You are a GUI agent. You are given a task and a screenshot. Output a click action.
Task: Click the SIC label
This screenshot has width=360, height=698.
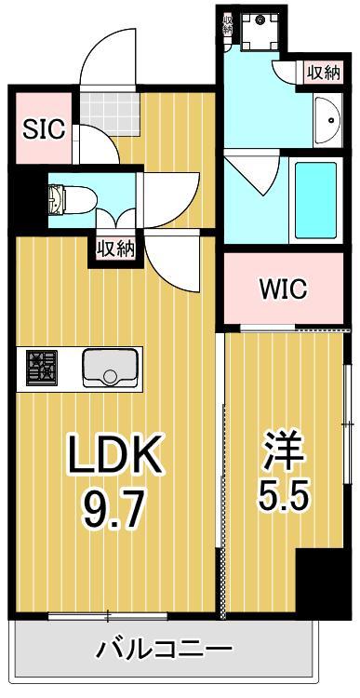[x=44, y=128]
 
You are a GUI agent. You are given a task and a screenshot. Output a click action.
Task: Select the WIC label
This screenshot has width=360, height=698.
[x=284, y=289]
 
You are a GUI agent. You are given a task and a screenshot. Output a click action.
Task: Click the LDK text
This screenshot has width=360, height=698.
[x=115, y=456]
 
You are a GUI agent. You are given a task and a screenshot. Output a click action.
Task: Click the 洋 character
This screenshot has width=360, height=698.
[x=281, y=446]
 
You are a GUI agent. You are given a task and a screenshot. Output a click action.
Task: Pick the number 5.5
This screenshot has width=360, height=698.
[x=281, y=493]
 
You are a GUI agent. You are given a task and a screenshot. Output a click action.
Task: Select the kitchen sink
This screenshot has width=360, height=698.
[x=111, y=369]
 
